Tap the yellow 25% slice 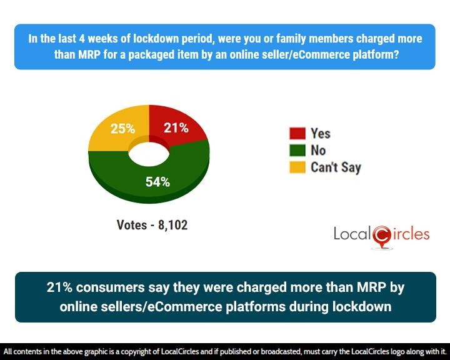click(x=116, y=134)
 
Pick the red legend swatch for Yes click(x=297, y=134)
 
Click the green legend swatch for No click(x=297, y=151)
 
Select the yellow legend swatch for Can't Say click(x=297, y=167)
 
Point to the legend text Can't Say click(x=336, y=167)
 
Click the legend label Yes click(x=321, y=134)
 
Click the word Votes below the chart click(x=131, y=225)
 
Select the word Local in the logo click(x=352, y=234)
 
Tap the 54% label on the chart click(x=157, y=182)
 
